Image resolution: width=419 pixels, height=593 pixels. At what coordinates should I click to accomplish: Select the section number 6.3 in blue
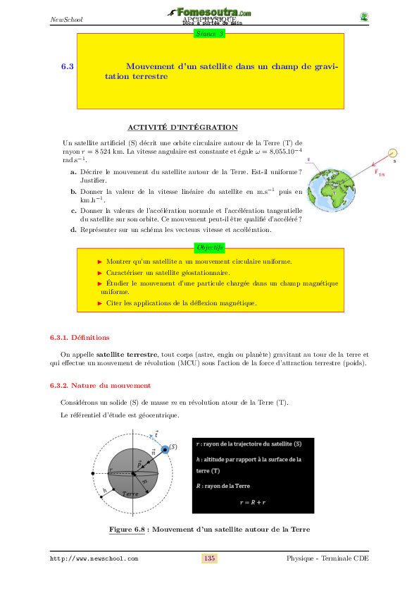point(68,66)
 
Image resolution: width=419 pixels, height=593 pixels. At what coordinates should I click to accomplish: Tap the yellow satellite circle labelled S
point(394,153)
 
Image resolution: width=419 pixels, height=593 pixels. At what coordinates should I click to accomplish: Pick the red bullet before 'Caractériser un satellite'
point(100,272)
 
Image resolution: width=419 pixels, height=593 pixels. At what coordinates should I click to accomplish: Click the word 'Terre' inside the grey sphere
point(130,495)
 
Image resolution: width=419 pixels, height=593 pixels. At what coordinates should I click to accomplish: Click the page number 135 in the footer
point(209,558)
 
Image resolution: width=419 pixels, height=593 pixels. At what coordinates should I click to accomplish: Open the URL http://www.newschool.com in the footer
point(94,558)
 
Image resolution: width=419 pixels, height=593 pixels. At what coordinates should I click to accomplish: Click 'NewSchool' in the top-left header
point(67,19)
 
